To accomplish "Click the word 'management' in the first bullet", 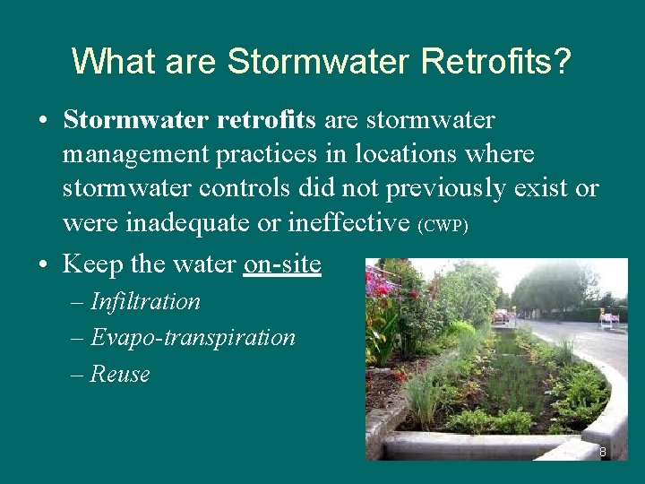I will coord(135,154).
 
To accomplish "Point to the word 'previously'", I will coord(471,188).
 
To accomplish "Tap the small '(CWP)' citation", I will coord(443,226).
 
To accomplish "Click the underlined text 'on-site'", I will coord(281,264).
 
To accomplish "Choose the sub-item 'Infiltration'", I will coord(145,301).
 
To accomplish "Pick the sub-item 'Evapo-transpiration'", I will coord(193,337).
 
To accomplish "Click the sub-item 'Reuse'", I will coord(120,374).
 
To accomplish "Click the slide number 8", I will coord(603,452).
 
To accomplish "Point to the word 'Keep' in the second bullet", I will coord(92,264).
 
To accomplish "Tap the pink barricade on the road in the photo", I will coord(608,318).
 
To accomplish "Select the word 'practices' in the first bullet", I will coord(266,154).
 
